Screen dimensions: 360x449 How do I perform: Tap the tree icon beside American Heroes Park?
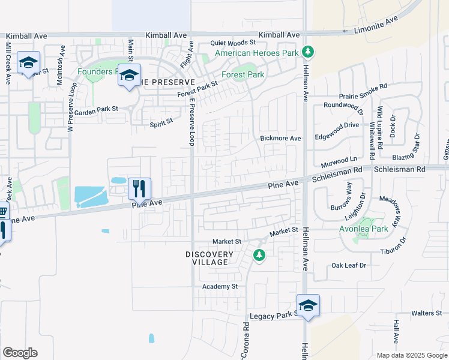[308, 52]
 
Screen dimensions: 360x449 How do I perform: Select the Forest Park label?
[243, 75]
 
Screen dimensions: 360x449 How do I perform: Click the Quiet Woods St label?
[233, 43]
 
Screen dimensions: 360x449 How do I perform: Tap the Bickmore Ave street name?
[280, 138]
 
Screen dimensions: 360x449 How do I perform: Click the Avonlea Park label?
[372, 228]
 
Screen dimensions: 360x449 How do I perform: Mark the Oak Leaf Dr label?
[348, 265]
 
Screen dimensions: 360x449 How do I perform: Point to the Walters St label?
[426, 313]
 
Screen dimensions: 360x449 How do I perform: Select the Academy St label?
[220, 287]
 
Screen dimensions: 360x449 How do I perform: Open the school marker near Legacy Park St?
[308, 305]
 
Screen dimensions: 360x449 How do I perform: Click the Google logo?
[20, 353]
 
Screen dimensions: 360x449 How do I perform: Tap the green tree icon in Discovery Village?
[259, 256]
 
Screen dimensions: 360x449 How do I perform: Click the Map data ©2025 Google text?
[411, 355]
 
